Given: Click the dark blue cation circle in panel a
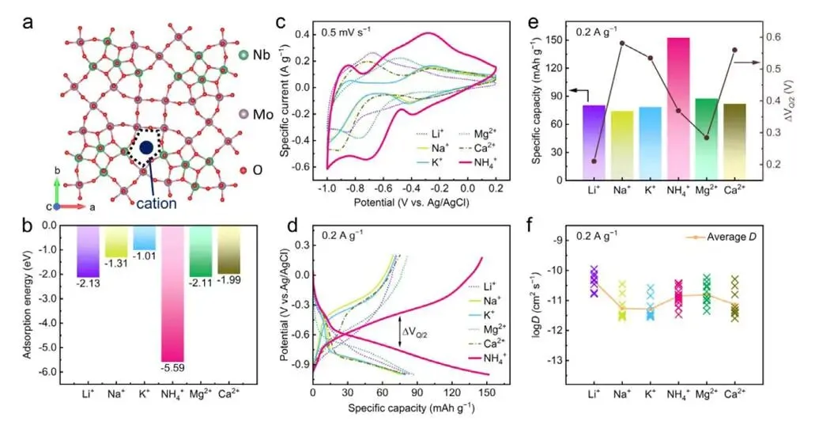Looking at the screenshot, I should coord(146,148).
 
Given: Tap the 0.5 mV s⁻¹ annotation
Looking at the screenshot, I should coord(348,32).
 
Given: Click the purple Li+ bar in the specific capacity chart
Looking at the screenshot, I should coord(594,142).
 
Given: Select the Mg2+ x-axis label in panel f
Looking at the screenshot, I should coord(707,394).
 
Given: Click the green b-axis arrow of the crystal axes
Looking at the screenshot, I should coord(55,189).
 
